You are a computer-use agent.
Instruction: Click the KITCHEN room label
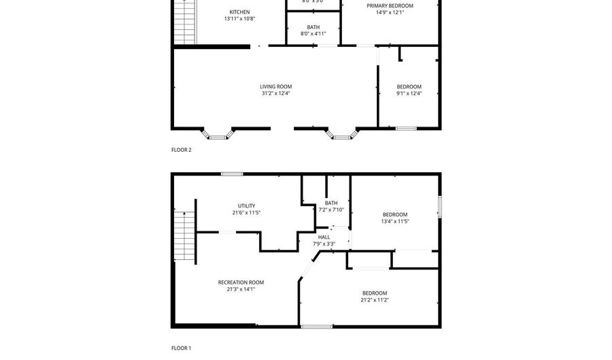point(239,12)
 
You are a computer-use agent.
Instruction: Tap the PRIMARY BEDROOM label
point(390,5)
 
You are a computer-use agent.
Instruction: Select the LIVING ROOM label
point(275,86)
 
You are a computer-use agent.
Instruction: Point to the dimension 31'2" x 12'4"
point(275,93)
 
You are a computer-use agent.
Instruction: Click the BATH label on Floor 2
point(313,27)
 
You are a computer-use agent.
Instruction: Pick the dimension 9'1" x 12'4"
point(409,93)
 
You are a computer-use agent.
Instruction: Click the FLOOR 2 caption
point(181,150)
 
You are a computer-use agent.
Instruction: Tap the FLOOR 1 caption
point(181,348)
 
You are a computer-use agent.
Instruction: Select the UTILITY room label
point(246,206)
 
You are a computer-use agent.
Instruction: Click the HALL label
point(324,237)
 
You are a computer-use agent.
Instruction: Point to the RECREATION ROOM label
point(241,282)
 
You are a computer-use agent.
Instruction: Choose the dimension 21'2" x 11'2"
point(375,299)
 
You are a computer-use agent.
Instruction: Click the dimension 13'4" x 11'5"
point(395,221)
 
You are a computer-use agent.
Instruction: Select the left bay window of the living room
point(218,134)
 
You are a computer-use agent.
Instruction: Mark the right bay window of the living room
point(342,134)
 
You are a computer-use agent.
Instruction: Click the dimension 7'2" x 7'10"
point(331,210)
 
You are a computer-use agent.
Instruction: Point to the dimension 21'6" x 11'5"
point(246,212)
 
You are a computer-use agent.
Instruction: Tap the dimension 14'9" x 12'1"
point(390,12)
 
